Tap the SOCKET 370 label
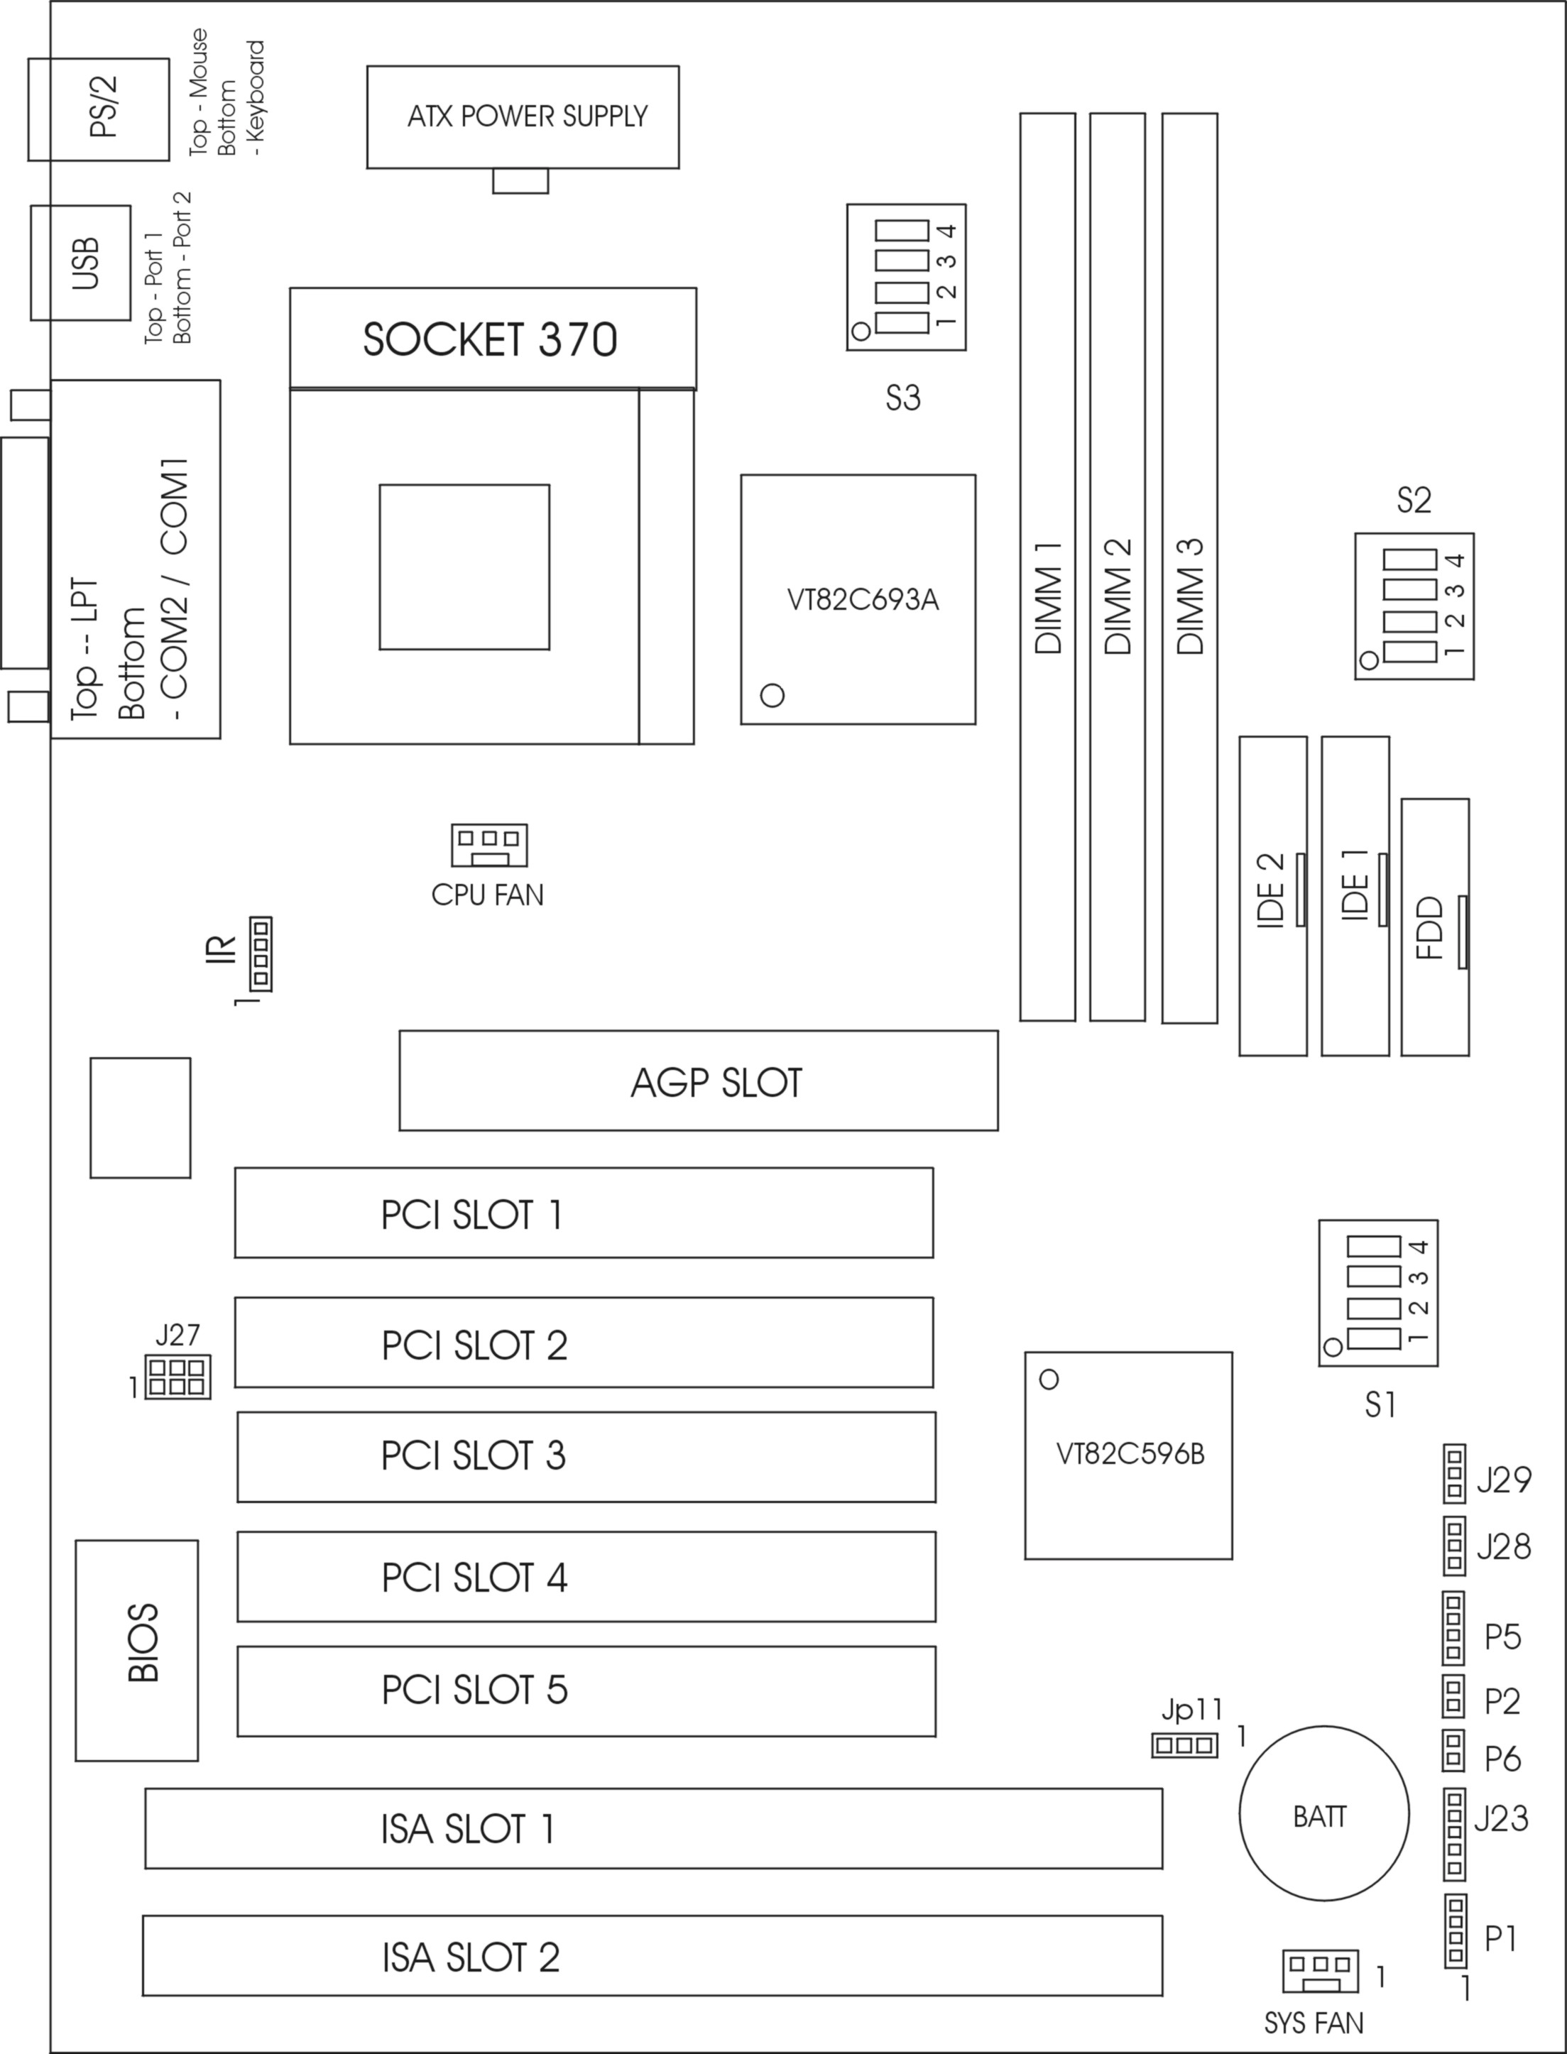[x=490, y=339]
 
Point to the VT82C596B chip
[x=1129, y=1455]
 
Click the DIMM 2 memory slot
[x=1118, y=567]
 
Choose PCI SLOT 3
[x=586, y=1457]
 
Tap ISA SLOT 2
[x=653, y=1956]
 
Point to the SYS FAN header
[x=1321, y=1972]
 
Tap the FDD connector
[x=1436, y=927]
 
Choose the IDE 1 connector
[x=1355, y=897]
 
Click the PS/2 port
[x=99, y=110]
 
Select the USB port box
[x=81, y=263]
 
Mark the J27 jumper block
[x=178, y=1377]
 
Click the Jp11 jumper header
[x=1184, y=1744]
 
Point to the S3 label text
[x=903, y=398]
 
